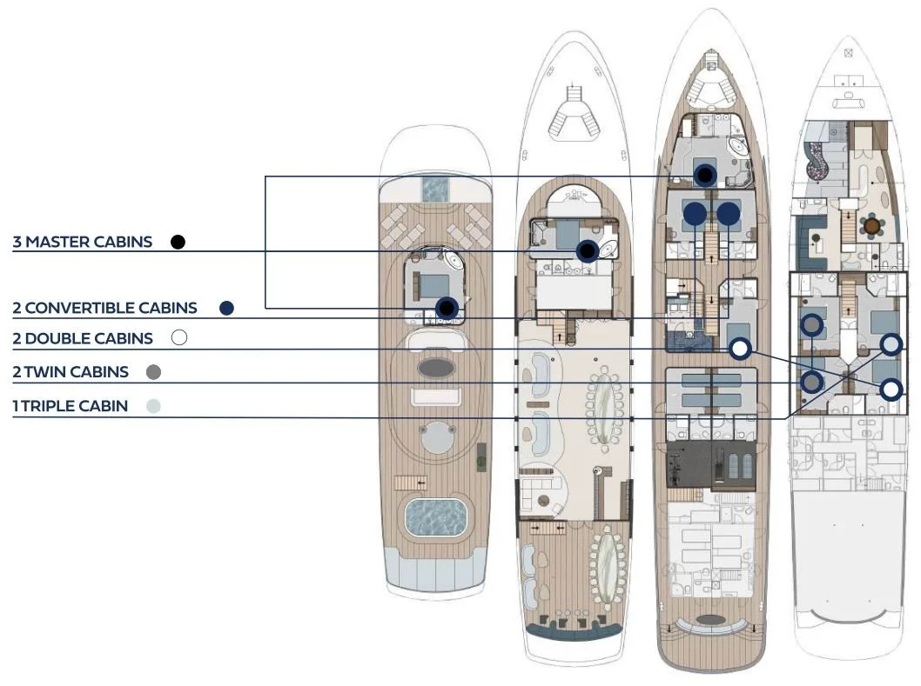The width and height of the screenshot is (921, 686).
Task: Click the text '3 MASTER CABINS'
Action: [x=83, y=242]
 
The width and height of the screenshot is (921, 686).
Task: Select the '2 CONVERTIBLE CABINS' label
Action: [x=104, y=308]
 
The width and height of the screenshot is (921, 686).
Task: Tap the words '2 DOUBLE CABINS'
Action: [x=83, y=338]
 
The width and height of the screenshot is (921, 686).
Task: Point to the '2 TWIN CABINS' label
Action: [x=71, y=372]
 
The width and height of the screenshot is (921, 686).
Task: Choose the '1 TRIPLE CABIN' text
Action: [x=70, y=406]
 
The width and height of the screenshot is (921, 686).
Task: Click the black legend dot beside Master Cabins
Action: [x=178, y=242]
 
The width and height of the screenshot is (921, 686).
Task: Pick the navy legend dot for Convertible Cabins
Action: [x=227, y=308]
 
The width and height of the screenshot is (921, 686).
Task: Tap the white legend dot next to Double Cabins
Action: [x=179, y=338]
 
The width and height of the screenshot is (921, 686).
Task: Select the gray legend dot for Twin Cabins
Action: [x=153, y=372]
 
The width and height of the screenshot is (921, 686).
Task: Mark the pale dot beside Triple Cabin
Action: [x=153, y=406]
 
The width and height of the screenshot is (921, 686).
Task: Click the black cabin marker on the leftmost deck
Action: [x=447, y=307]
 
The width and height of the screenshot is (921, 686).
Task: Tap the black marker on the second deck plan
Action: [x=588, y=251]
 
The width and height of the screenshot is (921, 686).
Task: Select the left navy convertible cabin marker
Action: [x=694, y=213]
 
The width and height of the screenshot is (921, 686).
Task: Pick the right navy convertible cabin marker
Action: [x=728, y=213]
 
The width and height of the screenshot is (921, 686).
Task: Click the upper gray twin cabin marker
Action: [x=811, y=325]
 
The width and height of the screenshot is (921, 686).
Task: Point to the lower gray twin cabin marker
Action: [x=811, y=382]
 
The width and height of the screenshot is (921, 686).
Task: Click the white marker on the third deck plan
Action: [x=739, y=349]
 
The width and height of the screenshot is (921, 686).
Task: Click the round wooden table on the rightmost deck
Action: [x=871, y=226]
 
